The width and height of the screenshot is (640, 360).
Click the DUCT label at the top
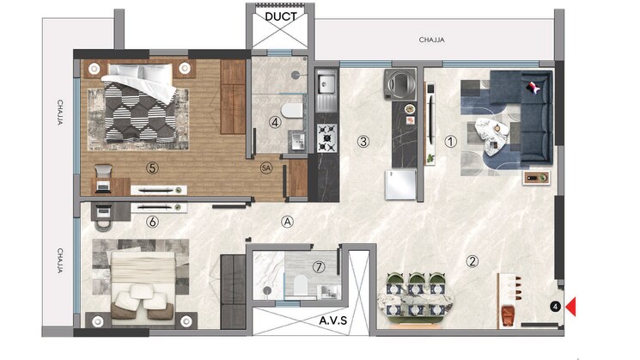click(280, 16)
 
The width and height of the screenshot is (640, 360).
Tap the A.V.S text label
click(333, 320)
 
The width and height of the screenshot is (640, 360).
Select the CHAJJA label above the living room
click(431, 40)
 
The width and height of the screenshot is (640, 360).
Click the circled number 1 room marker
click(450, 142)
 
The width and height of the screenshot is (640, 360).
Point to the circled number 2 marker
click(472, 261)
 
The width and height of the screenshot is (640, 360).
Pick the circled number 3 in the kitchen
click(363, 142)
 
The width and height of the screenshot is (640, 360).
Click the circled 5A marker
click(266, 168)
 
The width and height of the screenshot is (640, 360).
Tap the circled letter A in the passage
click(287, 222)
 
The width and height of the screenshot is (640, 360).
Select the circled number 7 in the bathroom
click(319, 267)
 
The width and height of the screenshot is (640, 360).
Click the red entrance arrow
click(570, 307)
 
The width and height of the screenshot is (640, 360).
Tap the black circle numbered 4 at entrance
click(555, 307)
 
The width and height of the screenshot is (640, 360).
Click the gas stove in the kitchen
click(327, 138)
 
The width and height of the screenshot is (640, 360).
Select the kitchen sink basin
click(326, 83)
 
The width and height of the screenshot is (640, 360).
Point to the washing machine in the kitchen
click(399, 84)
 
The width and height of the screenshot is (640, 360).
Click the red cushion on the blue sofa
click(533, 87)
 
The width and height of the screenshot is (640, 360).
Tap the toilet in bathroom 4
click(292, 111)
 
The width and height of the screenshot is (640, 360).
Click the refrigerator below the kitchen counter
click(400, 185)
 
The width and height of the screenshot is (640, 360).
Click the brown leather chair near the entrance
click(509, 315)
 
